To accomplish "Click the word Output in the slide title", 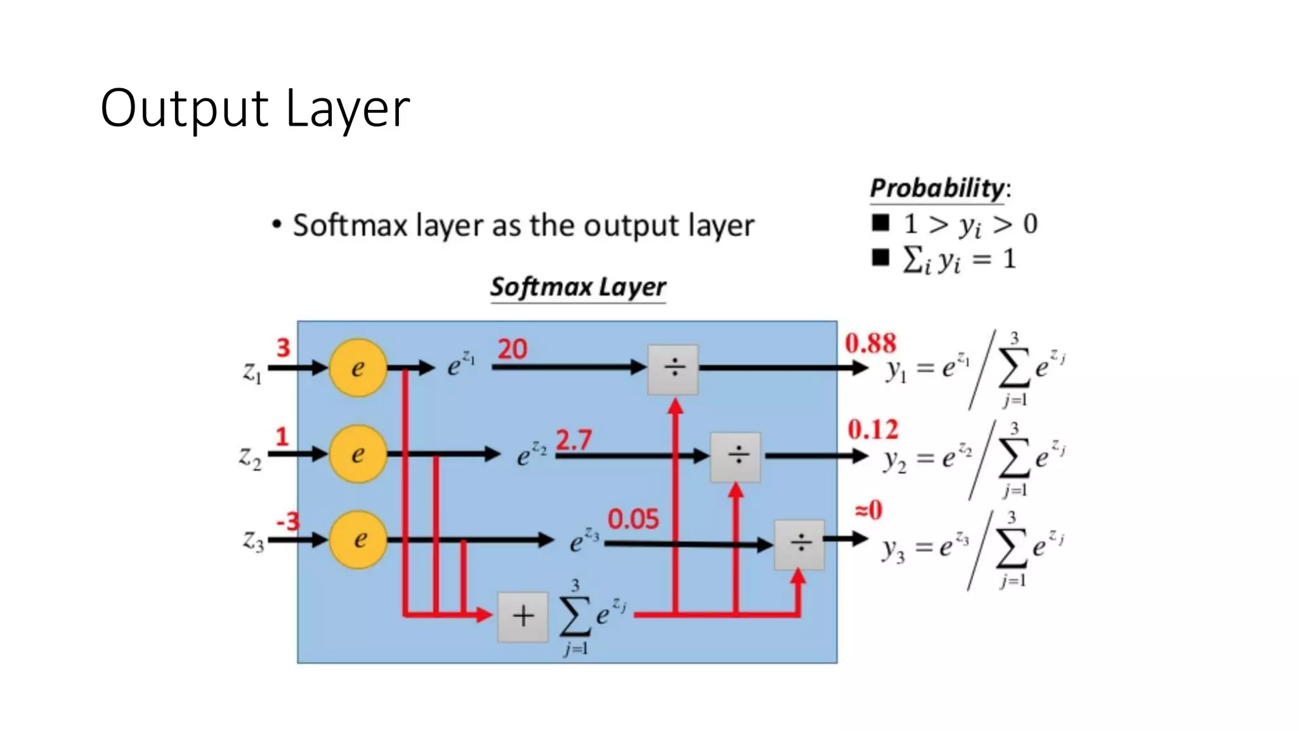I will [184, 109].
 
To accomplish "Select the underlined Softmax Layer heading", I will [578, 287].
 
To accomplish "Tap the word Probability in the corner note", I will [937, 188].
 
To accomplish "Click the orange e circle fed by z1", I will [358, 368].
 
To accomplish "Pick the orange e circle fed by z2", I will [358, 454].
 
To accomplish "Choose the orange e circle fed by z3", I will [358, 540].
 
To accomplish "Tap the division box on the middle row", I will [736, 456].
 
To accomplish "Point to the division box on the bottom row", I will [799, 544].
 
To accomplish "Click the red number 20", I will [512, 350].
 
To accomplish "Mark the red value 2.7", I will [573, 440].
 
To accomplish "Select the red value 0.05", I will [633, 520].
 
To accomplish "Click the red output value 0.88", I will [870, 344].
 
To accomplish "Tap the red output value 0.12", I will [873, 430].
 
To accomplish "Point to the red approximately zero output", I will [868, 510].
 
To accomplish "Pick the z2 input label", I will [250, 458].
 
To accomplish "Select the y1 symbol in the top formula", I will [896, 370].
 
